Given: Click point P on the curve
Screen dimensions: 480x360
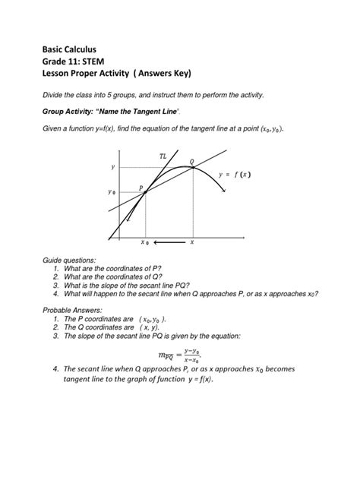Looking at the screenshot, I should (144, 192).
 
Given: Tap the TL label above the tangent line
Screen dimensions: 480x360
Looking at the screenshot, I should (163, 156).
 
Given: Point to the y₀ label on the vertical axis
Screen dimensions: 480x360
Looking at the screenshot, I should (114, 192).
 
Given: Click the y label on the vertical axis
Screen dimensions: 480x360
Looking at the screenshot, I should (114, 166).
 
